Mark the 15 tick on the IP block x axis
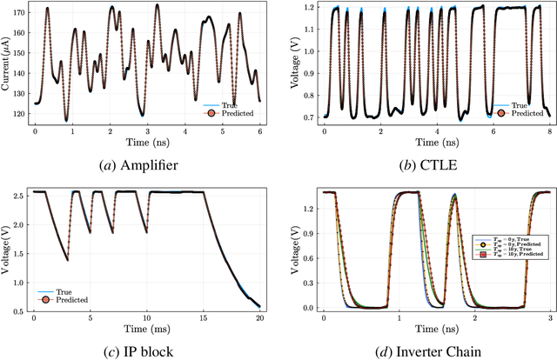(x=204, y=318)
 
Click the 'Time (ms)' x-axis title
(x=145, y=330)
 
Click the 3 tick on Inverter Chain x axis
(x=547, y=318)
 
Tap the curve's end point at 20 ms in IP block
(x=260, y=305)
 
